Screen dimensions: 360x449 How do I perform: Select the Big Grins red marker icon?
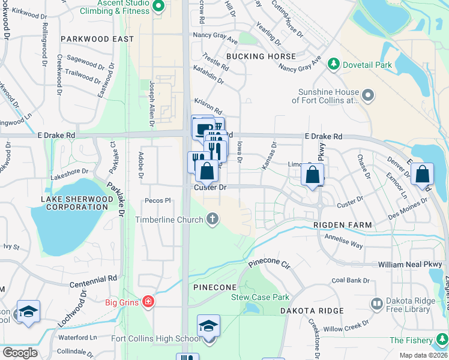(148, 302)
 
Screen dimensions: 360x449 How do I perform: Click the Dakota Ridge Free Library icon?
(376, 305)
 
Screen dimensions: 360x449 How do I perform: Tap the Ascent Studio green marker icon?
(158, 7)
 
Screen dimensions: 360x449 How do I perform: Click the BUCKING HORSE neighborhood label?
(261, 56)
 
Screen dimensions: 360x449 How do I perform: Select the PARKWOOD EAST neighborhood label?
(96, 39)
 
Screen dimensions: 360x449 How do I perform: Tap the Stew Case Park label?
(261, 297)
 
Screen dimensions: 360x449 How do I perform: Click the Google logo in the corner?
(20, 353)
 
